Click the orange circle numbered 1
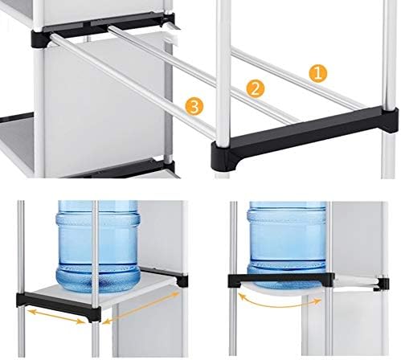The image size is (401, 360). pos(317,73)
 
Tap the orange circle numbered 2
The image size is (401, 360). pos(255,88)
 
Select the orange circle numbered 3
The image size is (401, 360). pos(194,107)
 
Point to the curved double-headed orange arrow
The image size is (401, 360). pos(279,305)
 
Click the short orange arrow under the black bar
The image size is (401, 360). pos(56,317)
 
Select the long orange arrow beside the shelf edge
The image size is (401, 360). pos(141,308)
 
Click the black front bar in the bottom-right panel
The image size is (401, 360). pos(281,280)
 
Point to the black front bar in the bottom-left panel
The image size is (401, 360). pos(59,305)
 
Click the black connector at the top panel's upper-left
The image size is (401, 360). pos(41,39)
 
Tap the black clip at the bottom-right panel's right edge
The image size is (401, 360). pos(383,284)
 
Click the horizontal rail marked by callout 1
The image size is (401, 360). pos(297,78)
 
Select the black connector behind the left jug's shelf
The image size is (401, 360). pos(182,280)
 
